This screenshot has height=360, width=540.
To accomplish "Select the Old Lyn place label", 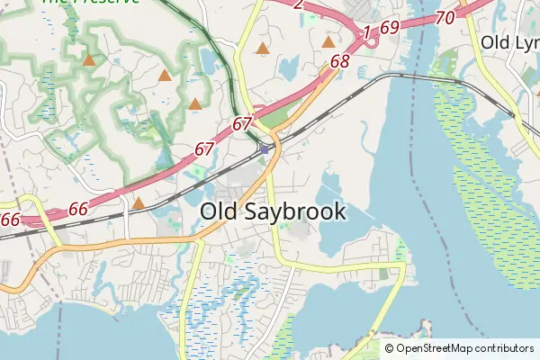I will click(508, 42).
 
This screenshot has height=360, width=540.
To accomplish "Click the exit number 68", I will click(339, 62).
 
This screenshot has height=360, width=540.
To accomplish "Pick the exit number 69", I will click(389, 28).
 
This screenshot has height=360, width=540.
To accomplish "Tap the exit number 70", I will click(444, 17).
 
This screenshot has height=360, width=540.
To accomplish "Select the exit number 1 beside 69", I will click(367, 33).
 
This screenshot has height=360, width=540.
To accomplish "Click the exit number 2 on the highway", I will click(298, 4).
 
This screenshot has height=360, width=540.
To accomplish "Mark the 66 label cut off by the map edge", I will click(10, 220).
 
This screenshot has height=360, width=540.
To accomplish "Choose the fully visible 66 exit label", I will click(78, 209).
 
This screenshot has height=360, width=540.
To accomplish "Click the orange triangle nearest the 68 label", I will click(328, 41).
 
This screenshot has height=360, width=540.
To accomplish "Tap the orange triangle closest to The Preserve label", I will click(88, 61).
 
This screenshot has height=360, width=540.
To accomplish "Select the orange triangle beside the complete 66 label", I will click(138, 203).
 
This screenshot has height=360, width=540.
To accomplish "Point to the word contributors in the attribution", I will click(504, 348).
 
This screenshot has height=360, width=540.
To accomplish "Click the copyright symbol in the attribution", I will click(390, 348).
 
